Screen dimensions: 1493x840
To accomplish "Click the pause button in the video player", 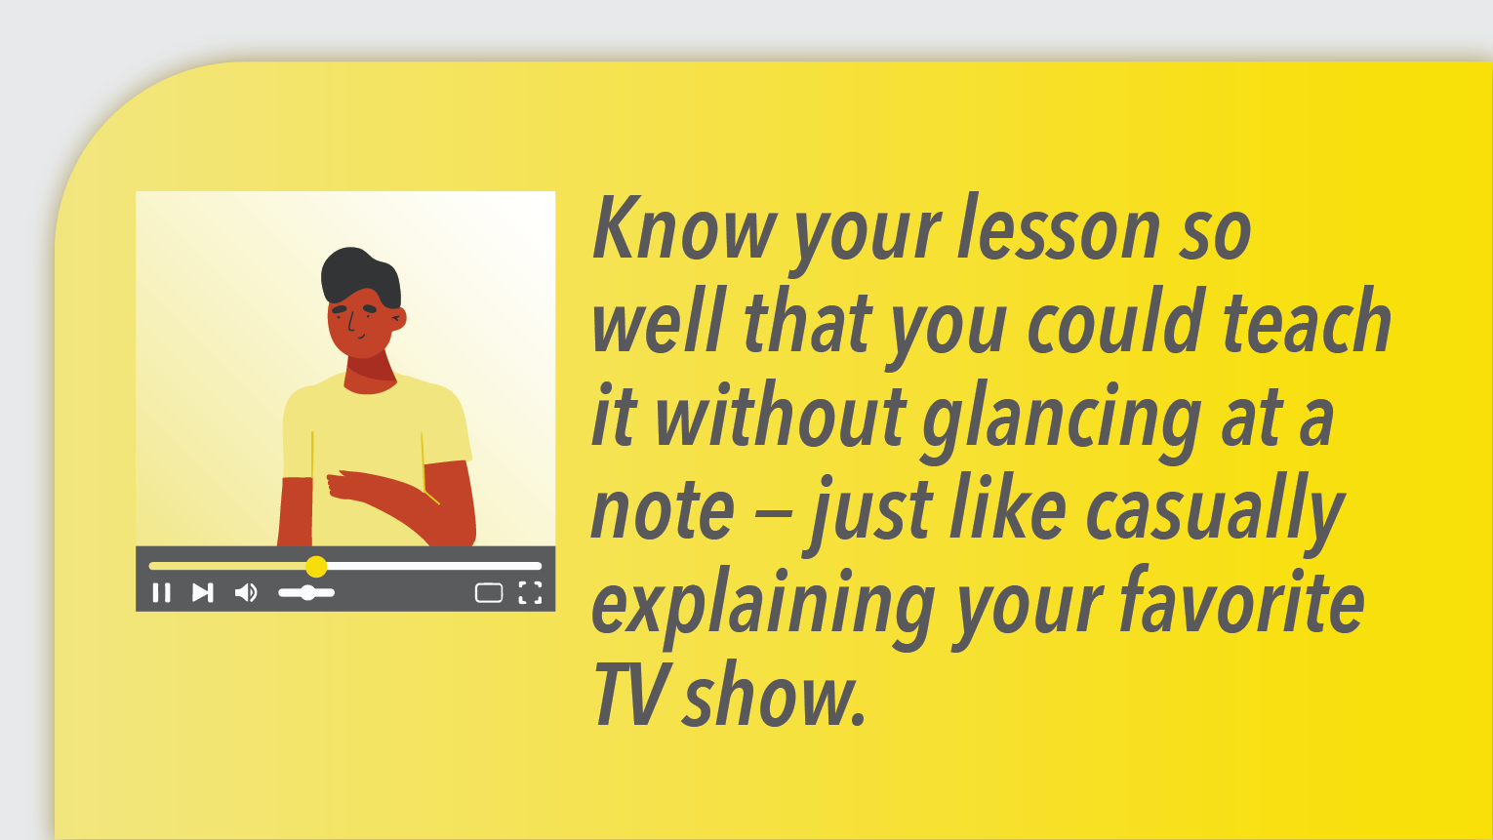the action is pos(161,592).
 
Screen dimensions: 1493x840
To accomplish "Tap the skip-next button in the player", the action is pos(203,592).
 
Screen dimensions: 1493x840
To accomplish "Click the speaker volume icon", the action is pos(246,592).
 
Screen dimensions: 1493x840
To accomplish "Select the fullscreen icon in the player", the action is pos(531,592).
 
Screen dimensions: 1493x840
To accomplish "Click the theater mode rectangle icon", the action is pos(489,592).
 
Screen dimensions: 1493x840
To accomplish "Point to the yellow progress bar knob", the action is pos(316,566).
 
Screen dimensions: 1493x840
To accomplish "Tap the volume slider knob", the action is pos(307,592).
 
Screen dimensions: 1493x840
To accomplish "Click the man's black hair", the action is pos(360,273).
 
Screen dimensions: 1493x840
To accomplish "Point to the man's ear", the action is pos(398,319).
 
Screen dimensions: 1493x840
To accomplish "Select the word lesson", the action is pos(1059,227).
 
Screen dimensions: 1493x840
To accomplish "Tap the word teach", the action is pos(1307,320).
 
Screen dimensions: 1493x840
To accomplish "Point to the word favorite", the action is pos(1241,601).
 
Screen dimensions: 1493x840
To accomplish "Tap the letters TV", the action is pos(627,694).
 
